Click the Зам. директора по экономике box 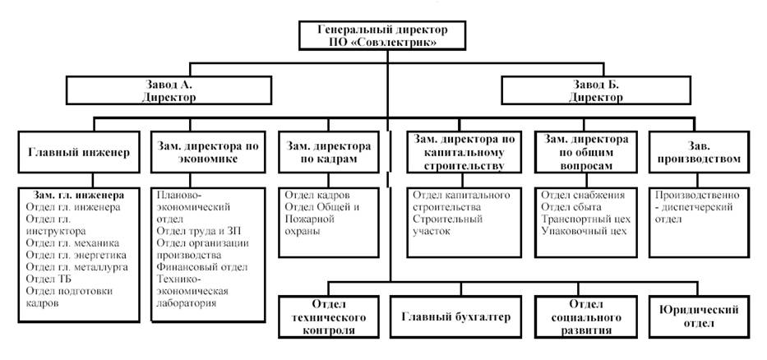[x=208, y=152]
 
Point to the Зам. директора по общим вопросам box [x=585, y=152]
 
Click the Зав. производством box [x=701, y=152]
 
